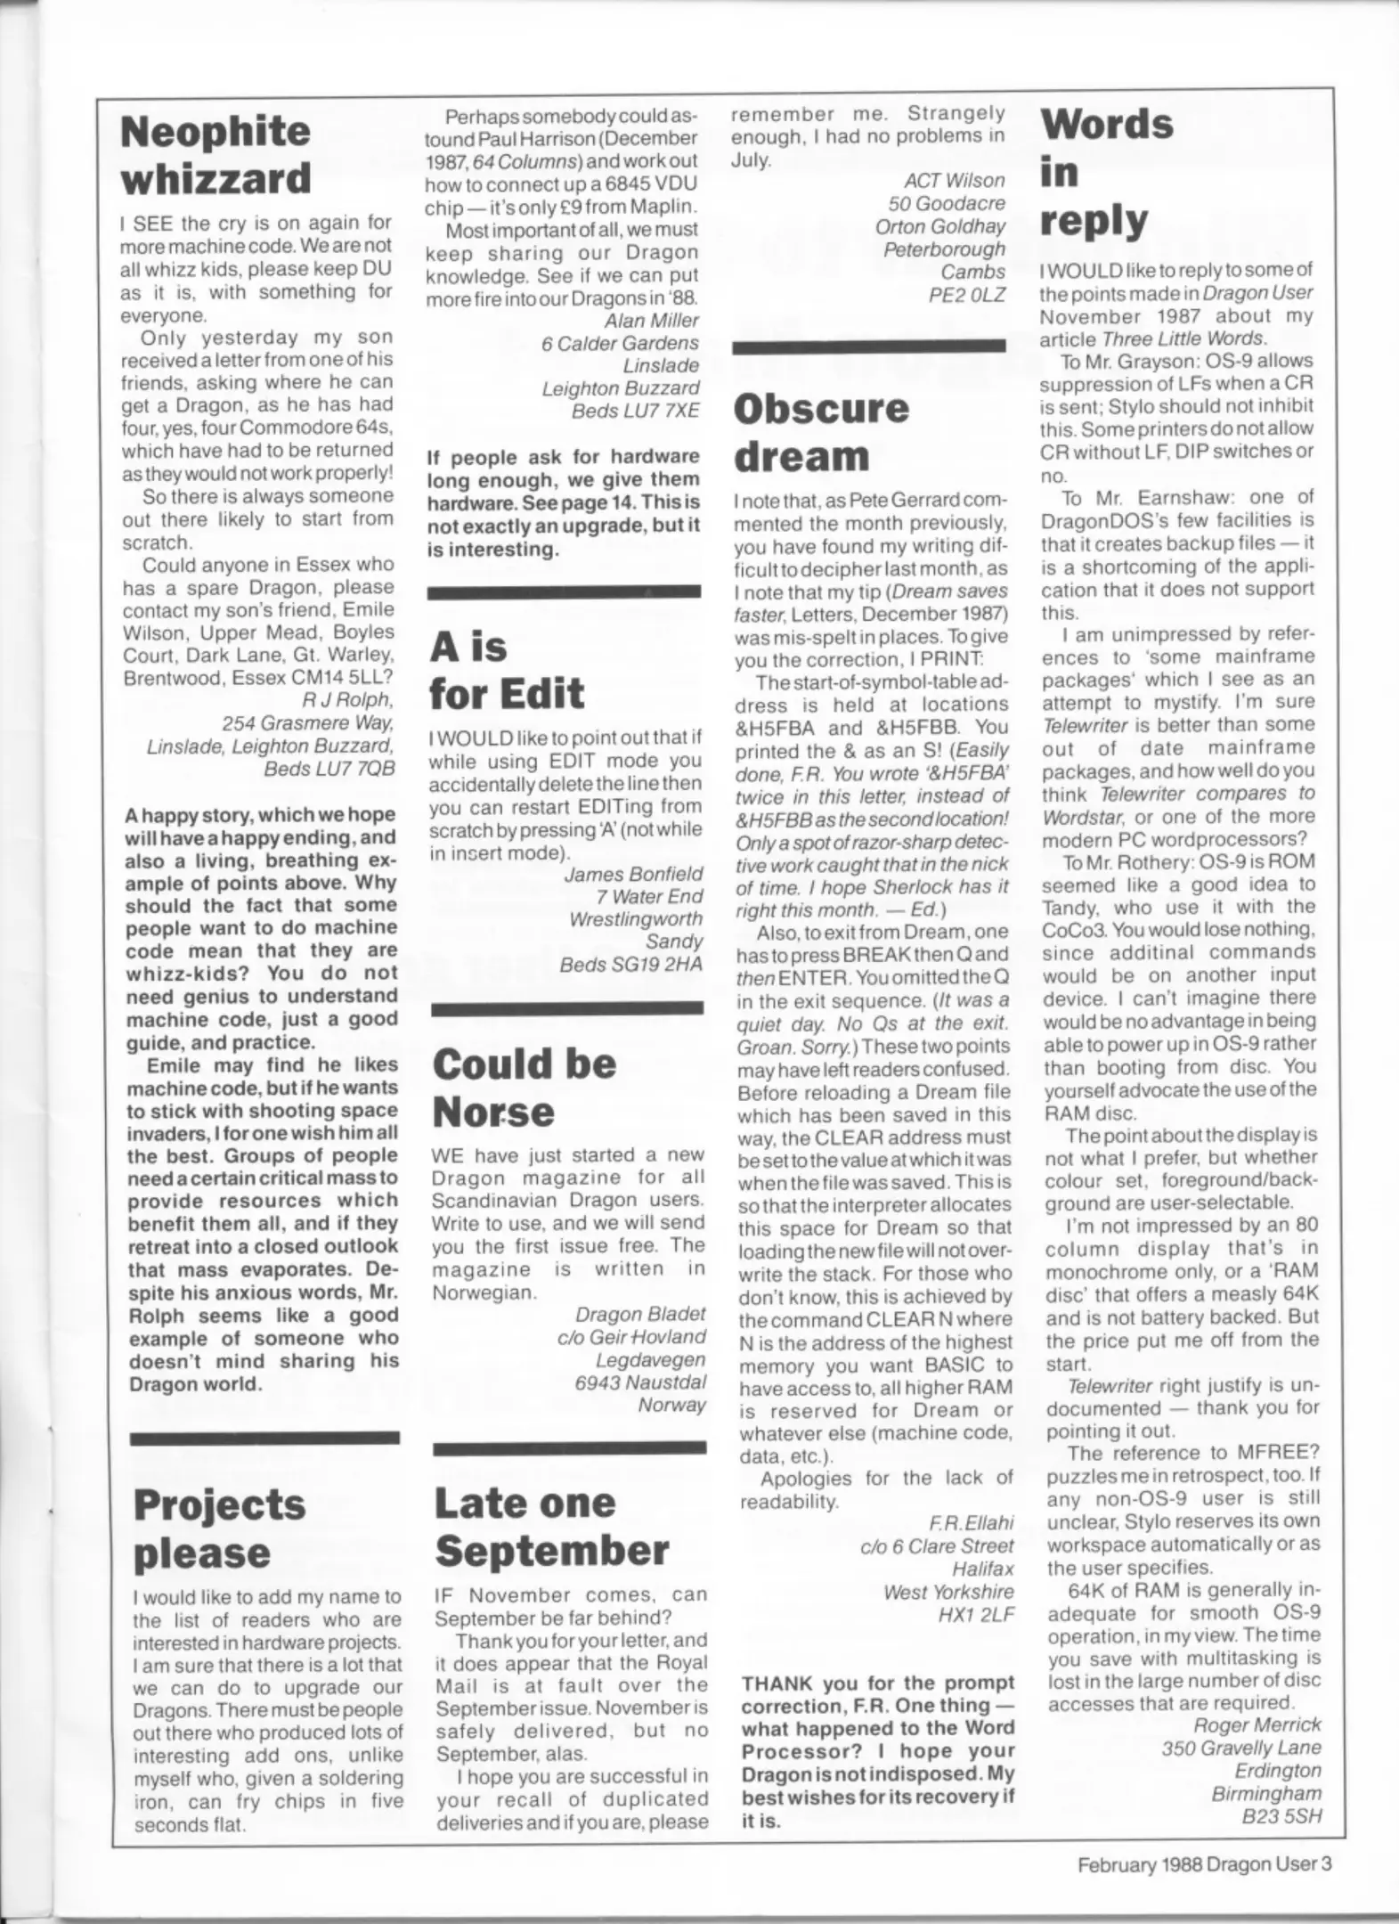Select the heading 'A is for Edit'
[x=506, y=670]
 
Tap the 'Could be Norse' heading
[x=524, y=1088]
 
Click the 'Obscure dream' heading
[x=820, y=432]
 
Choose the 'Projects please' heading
[x=219, y=1529]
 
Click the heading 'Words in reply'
[x=1105, y=171]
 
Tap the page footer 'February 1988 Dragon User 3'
[x=1204, y=1863]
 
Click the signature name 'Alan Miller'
[x=651, y=321]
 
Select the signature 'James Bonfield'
[x=633, y=874]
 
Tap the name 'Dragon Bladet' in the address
[x=639, y=1314]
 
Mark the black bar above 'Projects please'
[x=264, y=1438]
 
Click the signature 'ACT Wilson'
[x=954, y=181]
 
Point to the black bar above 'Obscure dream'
[x=868, y=346]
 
